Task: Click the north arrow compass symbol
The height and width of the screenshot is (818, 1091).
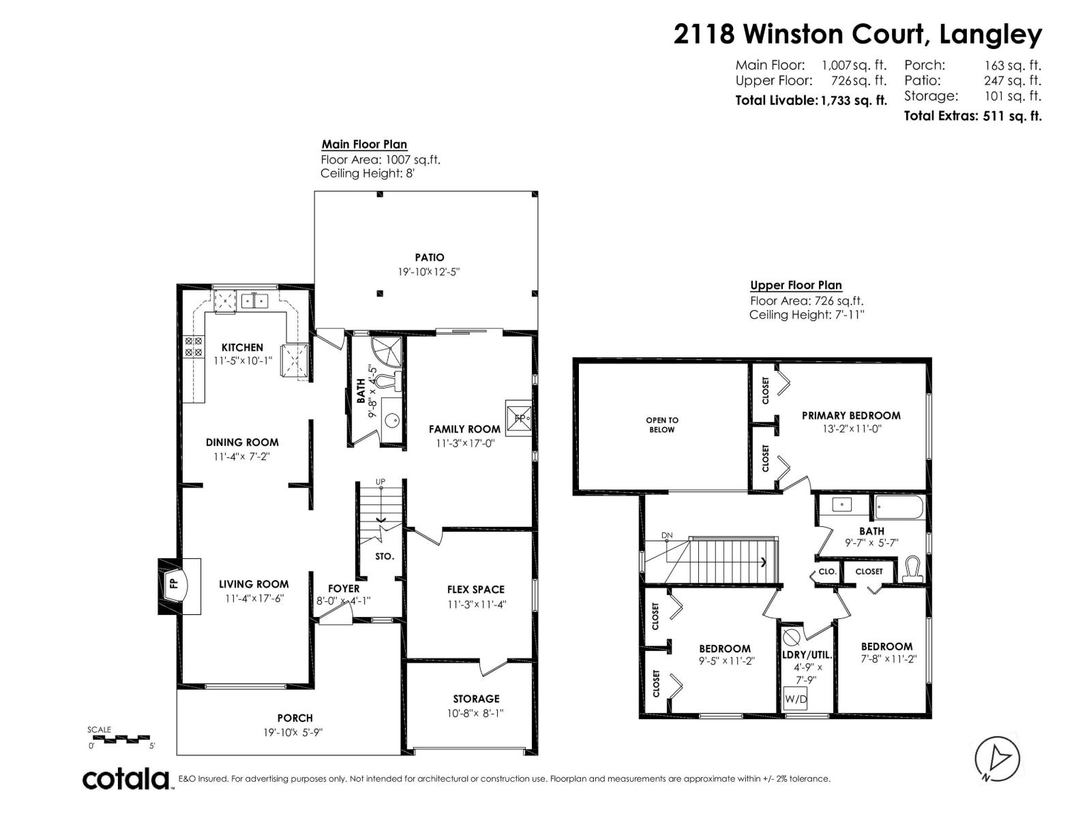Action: (x=997, y=759)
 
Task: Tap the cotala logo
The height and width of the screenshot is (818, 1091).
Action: (x=127, y=778)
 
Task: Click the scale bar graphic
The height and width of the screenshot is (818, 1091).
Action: (x=120, y=738)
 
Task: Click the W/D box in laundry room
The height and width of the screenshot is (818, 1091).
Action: (x=795, y=699)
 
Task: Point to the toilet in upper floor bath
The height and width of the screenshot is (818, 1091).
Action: (x=912, y=570)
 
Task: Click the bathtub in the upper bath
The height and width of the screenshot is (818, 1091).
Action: (x=899, y=508)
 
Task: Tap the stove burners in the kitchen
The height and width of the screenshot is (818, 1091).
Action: (x=194, y=346)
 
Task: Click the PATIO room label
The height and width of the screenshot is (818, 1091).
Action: (x=430, y=257)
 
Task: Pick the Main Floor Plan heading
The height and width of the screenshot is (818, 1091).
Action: (x=364, y=145)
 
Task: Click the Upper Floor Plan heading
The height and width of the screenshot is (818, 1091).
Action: (x=796, y=285)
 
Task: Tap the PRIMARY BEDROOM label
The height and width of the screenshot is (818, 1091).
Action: (x=851, y=415)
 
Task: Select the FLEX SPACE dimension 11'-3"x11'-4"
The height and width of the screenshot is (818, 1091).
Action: (x=477, y=604)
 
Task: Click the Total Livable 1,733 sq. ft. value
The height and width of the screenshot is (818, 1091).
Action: (x=854, y=101)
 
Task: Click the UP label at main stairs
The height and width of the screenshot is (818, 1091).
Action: (x=380, y=482)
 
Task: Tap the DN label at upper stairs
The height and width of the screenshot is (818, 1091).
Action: (x=666, y=535)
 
